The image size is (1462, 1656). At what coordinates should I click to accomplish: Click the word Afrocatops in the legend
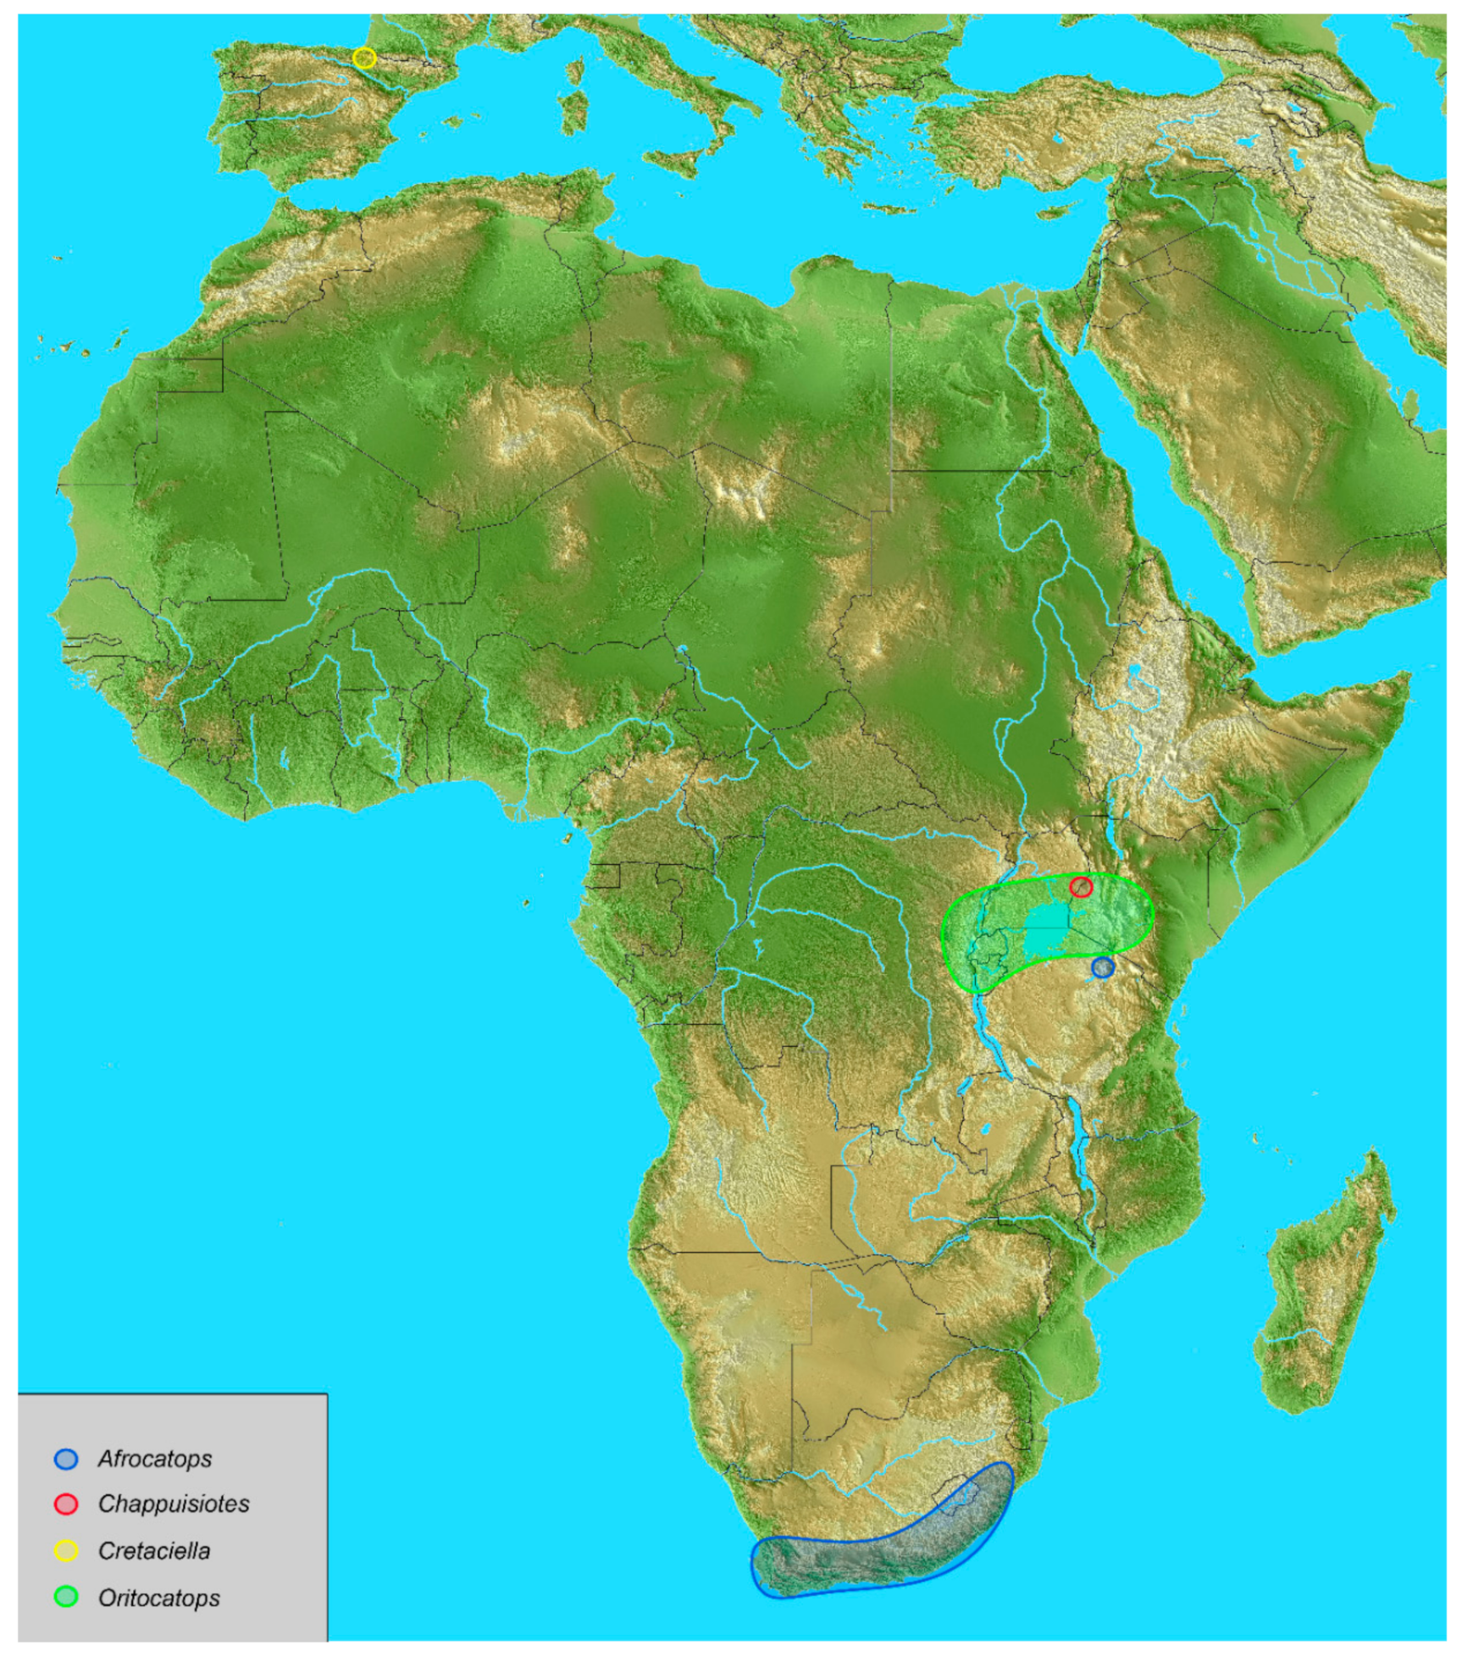155,1458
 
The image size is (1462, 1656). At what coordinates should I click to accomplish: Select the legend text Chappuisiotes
174,1504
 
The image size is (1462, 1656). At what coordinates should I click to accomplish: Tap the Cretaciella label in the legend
154,1550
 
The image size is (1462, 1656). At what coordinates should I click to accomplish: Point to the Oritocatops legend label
159,1598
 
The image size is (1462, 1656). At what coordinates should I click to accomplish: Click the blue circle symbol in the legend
66,1458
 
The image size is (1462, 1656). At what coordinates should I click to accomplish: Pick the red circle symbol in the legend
66,1504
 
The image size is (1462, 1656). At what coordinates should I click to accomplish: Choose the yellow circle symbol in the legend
66,1550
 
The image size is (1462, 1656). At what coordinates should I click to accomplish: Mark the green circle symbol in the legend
66,1597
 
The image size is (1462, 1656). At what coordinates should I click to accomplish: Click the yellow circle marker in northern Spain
364,58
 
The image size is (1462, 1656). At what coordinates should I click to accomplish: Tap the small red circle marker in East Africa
1081,887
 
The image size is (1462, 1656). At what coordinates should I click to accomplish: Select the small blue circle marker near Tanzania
1102,967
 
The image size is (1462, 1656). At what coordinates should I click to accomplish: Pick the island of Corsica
576,69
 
